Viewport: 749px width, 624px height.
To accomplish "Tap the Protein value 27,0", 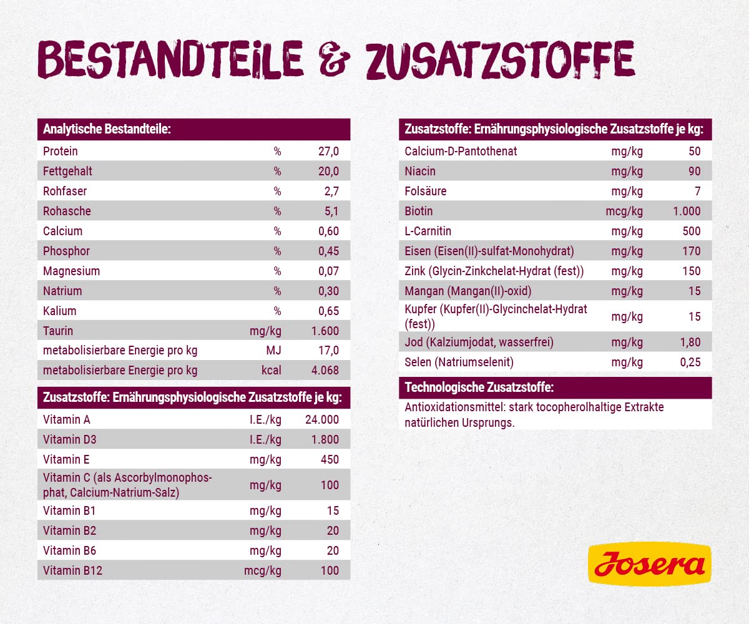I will [x=328, y=152].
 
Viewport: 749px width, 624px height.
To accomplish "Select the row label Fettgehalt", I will [x=68, y=172].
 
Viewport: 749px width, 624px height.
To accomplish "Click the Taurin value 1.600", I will [x=325, y=331].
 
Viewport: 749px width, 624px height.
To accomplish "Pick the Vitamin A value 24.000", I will [x=322, y=420].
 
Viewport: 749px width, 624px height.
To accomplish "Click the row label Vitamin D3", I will [x=70, y=440].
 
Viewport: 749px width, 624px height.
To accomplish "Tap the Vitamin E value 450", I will [x=329, y=460].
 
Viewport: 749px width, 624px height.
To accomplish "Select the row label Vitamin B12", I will [x=72, y=570].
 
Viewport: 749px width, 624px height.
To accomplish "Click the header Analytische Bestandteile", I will [x=107, y=130].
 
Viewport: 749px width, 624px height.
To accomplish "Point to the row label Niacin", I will [x=420, y=172].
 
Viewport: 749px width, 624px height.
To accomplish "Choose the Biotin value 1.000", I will [x=687, y=212].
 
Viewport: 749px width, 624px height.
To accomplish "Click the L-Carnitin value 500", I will [x=691, y=232].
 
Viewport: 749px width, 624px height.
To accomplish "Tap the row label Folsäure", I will [x=426, y=192].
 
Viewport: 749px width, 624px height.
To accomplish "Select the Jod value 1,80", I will [x=690, y=343].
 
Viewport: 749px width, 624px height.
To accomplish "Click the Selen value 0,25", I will [x=690, y=363].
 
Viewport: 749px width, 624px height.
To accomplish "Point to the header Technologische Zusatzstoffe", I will [x=479, y=388].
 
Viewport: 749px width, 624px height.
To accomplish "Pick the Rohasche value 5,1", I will [x=331, y=212].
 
